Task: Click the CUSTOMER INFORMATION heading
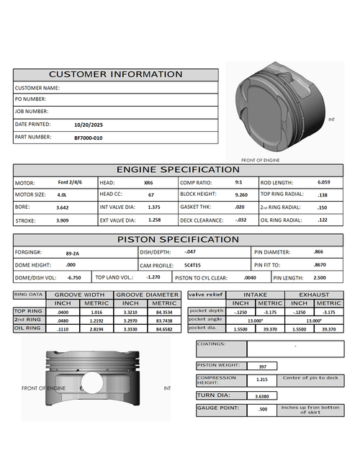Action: point(115,74)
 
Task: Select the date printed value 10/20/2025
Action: point(88,125)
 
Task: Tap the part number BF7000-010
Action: point(88,137)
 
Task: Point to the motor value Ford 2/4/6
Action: point(69,182)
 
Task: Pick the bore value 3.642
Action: point(63,207)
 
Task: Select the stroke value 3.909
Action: point(63,220)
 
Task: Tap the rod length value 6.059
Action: point(324,182)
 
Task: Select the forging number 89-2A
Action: point(73,253)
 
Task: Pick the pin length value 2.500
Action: point(320,277)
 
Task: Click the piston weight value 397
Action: point(263,367)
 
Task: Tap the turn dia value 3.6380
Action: point(263,395)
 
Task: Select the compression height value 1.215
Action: point(263,379)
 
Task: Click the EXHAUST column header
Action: point(314,295)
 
